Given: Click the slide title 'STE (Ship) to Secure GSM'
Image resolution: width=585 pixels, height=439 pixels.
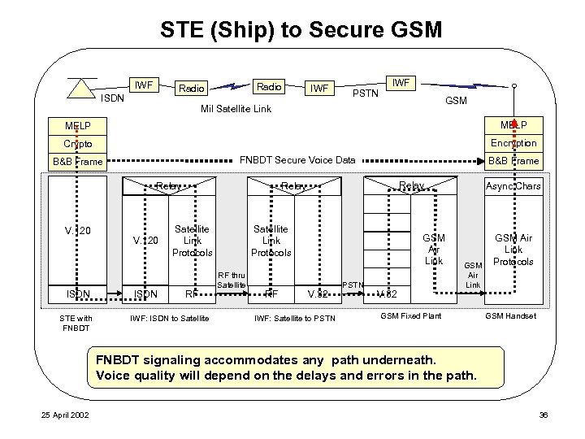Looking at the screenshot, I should [x=301, y=30].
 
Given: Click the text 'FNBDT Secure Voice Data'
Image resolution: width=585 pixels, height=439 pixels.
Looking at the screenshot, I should [x=297, y=160].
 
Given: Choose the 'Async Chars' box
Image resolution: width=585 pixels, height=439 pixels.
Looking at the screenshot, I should [x=513, y=186].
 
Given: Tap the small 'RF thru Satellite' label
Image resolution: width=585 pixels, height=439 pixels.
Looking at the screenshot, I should [x=232, y=280].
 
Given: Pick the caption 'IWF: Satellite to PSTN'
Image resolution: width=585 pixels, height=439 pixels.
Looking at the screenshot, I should [x=295, y=317].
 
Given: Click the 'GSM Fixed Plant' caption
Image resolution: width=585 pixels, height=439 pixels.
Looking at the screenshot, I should [x=411, y=315].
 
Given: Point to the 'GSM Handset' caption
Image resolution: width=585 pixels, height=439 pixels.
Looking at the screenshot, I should [x=510, y=315].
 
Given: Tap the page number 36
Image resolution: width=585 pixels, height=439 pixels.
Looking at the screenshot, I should [x=544, y=415].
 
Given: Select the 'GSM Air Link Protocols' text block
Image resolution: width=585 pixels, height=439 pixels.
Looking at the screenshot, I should [x=513, y=250].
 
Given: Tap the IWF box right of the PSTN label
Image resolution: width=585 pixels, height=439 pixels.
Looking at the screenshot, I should [x=401, y=82].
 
